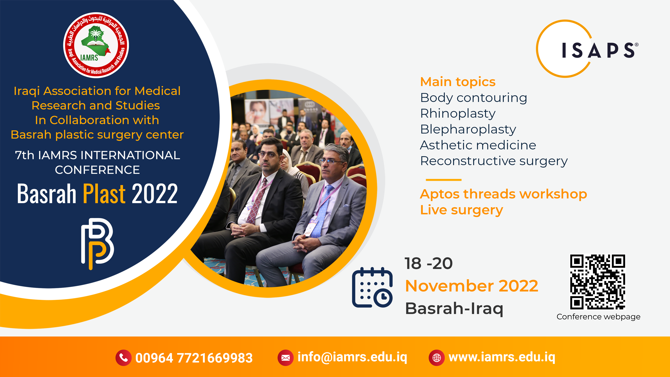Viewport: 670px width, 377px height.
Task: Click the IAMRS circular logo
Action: click(x=96, y=45)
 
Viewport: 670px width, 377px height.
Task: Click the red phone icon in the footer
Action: click(x=124, y=358)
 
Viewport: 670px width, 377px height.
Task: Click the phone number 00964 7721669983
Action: click(x=194, y=358)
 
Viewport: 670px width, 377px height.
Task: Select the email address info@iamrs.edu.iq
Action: click(x=352, y=357)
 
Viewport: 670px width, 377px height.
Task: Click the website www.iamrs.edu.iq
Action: click(x=502, y=357)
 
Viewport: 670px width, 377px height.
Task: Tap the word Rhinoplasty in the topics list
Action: click(x=458, y=114)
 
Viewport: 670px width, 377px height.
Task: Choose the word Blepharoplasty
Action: click(x=468, y=130)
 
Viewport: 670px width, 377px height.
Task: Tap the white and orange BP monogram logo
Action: click(x=98, y=244)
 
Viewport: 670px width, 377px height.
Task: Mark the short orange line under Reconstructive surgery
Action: click(x=444, y=180)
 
